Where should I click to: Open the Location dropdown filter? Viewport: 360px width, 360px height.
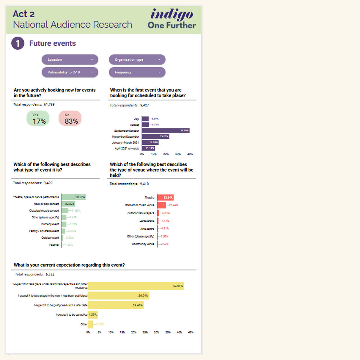[x=70, y=59]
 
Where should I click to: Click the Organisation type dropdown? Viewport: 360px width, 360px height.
[x=137, y=59]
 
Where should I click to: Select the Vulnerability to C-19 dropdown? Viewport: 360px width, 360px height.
[x=70, y=72]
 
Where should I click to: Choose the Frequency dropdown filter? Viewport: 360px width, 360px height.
[x=137, y=72]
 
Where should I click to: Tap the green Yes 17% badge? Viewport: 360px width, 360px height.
[x=38, y=118]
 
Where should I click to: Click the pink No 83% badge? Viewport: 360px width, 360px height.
[x=70, y=118]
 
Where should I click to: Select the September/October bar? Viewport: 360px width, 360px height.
[x=166, y=130]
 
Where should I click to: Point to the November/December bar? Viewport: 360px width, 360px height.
[x=155, y=136]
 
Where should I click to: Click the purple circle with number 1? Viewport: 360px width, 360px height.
[x=18, y=43]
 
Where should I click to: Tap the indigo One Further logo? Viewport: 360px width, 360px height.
[x=172, y=19]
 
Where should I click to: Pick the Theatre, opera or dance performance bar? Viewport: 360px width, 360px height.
[x=73, y=197]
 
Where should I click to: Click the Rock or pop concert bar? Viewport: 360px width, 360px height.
[x=68, y=204]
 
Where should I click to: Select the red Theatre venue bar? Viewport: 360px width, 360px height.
[x=165, y=197]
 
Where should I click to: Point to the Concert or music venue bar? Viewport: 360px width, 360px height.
[x=161, y=205]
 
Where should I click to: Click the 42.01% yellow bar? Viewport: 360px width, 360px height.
[x=136, y=286]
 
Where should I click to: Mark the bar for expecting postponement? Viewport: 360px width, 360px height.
[x=116, y=305]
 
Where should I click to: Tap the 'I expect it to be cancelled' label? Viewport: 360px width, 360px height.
[x=71, y=315]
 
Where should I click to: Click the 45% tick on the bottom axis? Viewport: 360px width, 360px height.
[x=191, y=332]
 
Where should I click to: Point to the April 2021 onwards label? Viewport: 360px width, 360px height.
[x=127, y=148]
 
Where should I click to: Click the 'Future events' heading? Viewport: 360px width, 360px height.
[x=52, y=43]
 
